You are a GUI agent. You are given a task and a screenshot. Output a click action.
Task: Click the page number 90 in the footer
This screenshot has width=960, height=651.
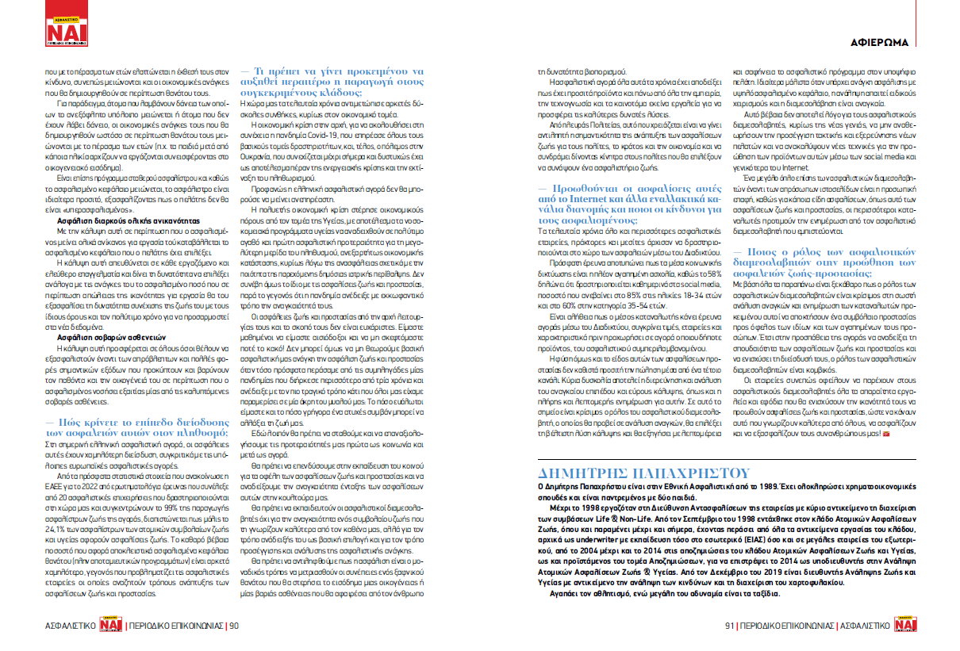pyautogui.click(x=234, y=626)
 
